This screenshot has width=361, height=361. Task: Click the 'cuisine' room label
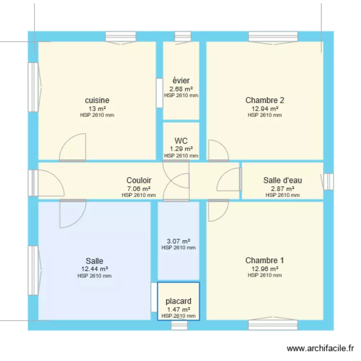[x=97, y=101]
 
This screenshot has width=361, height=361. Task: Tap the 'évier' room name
[x=181, y=81]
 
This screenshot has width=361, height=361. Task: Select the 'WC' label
[x=181, y=141]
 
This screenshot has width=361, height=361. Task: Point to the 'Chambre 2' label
[x=265, y=101]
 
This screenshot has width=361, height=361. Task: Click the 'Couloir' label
[x=139, y=180]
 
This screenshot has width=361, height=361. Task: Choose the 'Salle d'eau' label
[x=283, y=180]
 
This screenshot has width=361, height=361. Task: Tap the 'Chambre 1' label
[x=265, y=260]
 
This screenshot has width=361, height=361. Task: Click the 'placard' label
[x=179, y=301]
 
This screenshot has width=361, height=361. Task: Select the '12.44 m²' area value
[x=94, y=269]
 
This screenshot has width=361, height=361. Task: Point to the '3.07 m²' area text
[x=179, y=241]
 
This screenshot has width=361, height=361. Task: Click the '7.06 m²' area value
[x=139, y=189]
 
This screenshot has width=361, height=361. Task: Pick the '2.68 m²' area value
[x=181, y=89]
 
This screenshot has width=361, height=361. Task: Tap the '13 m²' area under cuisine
[x=97, y=109]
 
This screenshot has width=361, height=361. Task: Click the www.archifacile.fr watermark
[x=321, y=348]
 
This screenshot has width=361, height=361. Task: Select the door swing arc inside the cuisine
[x=73, y=147]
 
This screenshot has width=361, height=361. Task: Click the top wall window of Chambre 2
[x=266, y=37]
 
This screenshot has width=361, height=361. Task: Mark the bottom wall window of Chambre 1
[x=266, y=325]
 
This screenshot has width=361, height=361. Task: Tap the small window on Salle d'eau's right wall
[x=328, y=181]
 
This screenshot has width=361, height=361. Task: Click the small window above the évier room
[x=182, y=37]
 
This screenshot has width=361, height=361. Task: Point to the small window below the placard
[x=179, y=325]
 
